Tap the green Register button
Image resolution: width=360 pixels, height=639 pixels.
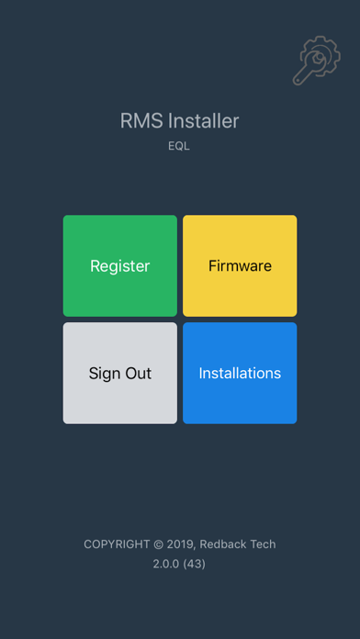pyautogui.click(x=119, y=265)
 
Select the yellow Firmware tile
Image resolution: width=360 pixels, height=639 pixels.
pyautogui.click(x=240, y=265)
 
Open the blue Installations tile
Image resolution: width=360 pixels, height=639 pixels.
pyautogui.click(x=240, y=373)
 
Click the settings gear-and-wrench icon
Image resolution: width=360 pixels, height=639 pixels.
pyautogui.click(x=316, y=62)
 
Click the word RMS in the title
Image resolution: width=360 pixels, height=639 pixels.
pyautogui.click(x=139, y=121)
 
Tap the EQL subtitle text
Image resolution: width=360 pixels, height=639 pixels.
pyautogui.click(x=179, y=146)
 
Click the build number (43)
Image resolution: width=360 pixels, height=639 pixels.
pyautogui.click(x=195, y=564)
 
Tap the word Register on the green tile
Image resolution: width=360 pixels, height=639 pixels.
pyautogui.click(x=119, y=266)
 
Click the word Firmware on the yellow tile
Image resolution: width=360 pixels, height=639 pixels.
pyautogui.click(x=240, y=266)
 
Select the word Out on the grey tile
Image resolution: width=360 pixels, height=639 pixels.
pyautogui.click(x=138, y=374)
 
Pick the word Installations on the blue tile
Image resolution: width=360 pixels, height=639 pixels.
pyautogui.click(x=240, y=374)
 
